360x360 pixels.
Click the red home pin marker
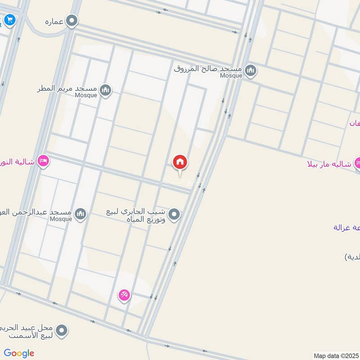pos(180,162)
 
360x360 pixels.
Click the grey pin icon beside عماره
pos(72,21)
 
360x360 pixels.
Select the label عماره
pos(54,21)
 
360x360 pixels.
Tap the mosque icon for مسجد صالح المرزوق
pos(251,70)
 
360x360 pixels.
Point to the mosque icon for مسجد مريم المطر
pos(106,90)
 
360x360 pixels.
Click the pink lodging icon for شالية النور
pos(43,161)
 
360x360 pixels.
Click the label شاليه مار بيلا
pos(328,163)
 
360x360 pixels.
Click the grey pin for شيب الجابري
pos(174,215)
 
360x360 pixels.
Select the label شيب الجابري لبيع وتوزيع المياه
pos(136,215)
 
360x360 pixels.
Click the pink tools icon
pos(124,295)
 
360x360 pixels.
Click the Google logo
pos(19,353)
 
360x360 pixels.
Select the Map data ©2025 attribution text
pos(336,355)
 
